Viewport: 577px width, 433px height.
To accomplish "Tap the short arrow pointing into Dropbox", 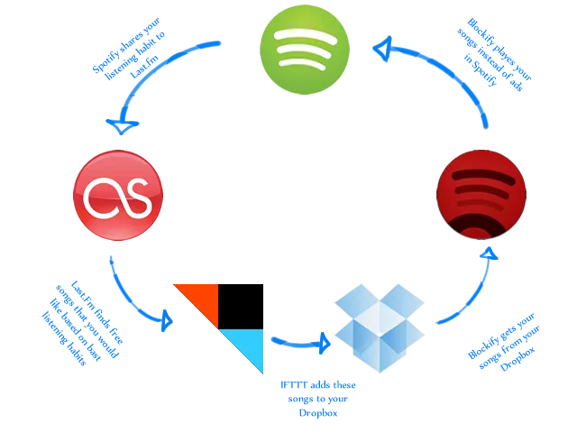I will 298,344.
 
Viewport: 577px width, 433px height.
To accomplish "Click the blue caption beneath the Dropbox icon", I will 319,398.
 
